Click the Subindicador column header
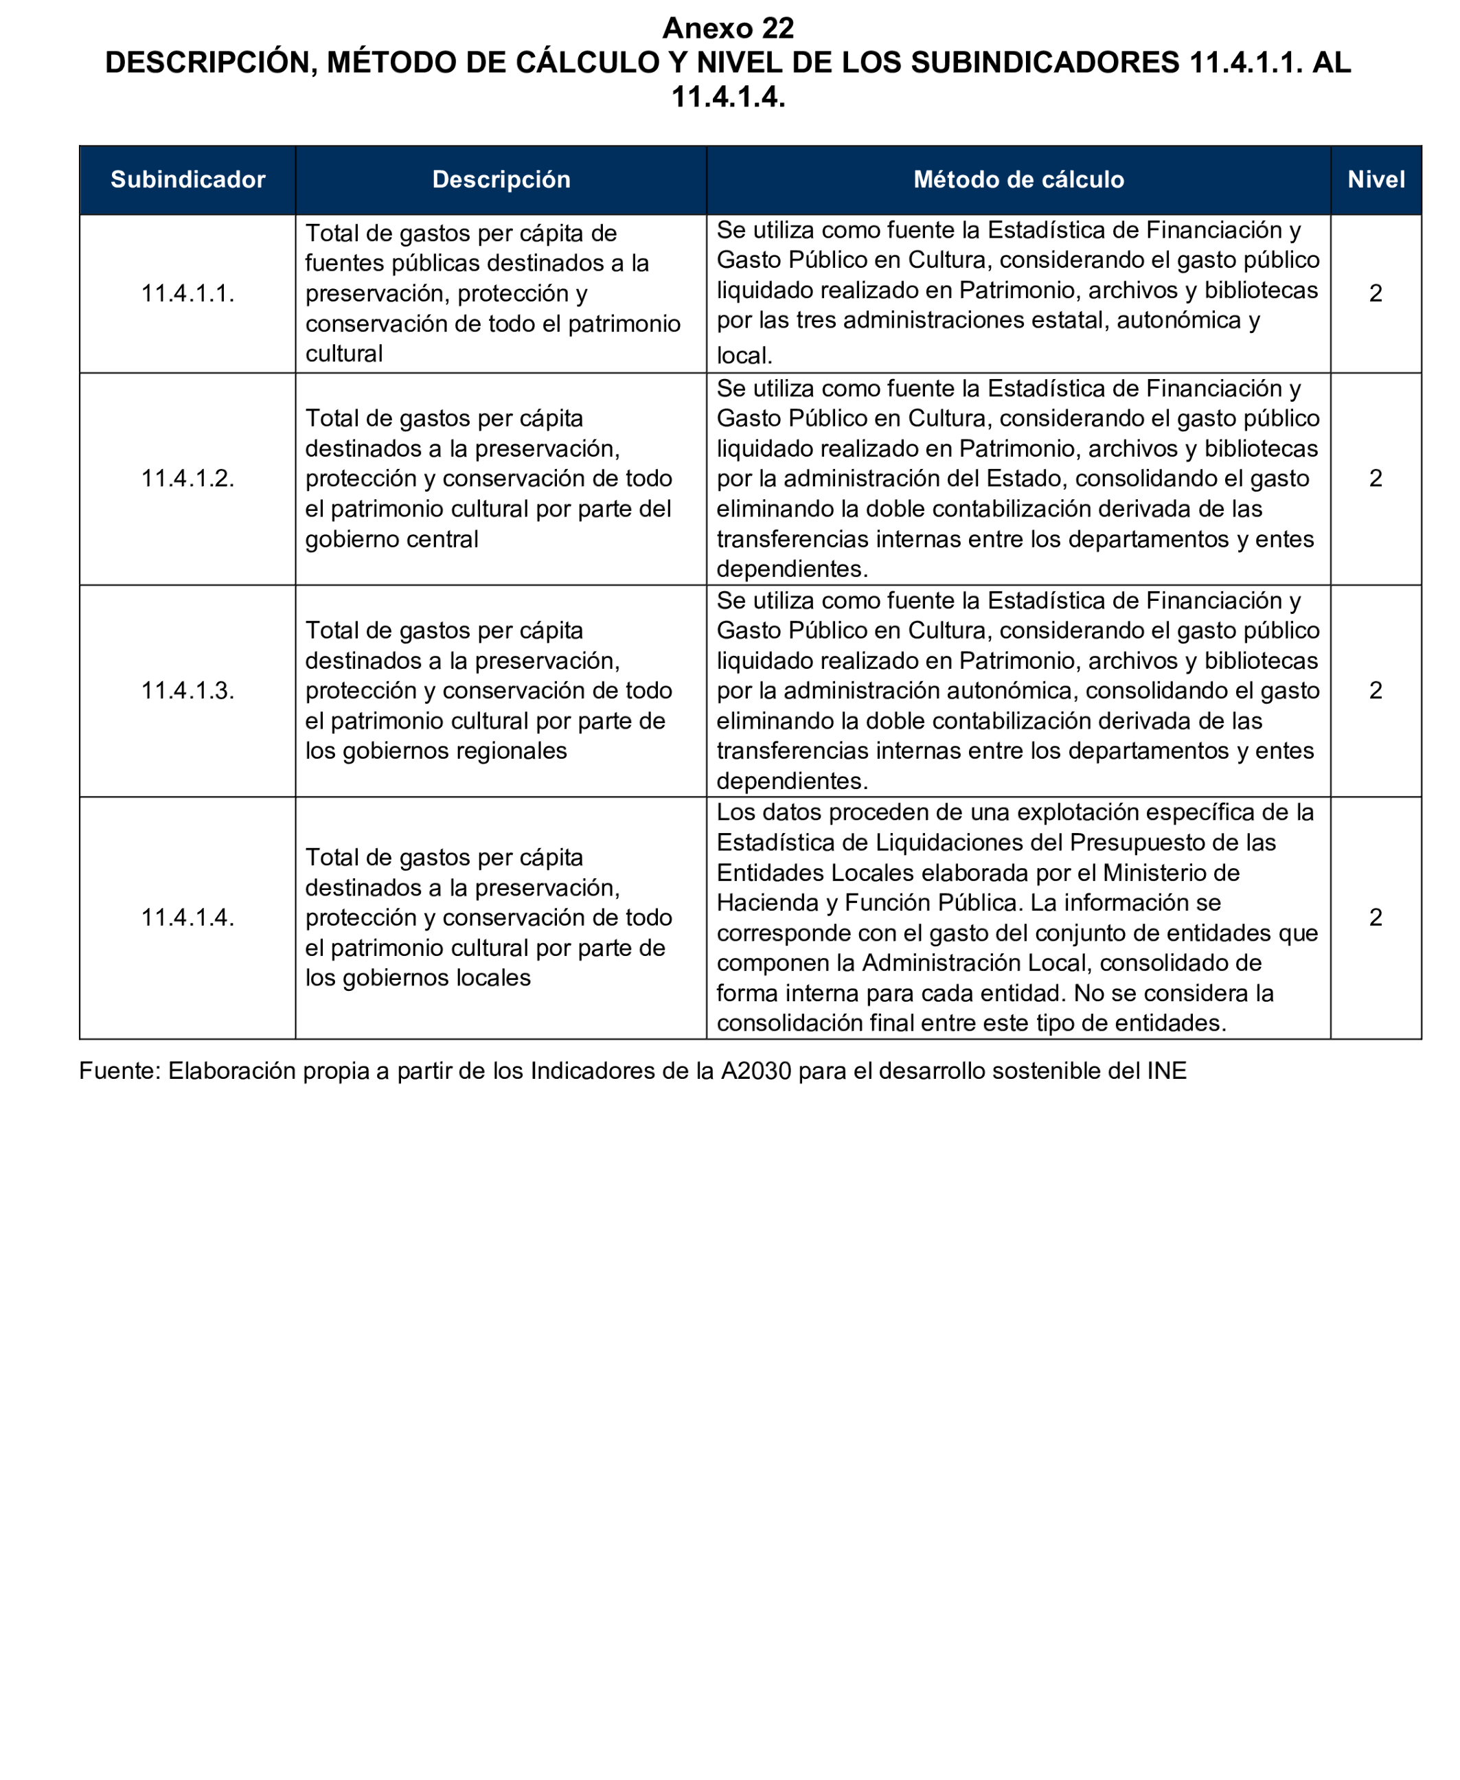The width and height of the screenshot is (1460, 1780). click(x=187, y=179)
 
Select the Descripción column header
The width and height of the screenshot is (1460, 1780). click(x=501, y=179)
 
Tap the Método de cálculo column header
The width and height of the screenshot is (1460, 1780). click(x=1018, y=179)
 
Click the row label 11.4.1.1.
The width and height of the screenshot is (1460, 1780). click(x=187, y=293)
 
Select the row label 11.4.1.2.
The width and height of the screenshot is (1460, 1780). click(x=187, y=479)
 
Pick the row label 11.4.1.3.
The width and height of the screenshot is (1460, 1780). click(x=187, y=690)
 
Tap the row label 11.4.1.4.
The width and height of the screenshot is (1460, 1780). click(x=187, y=917)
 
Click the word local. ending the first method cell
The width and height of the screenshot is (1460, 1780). click(x=744, y=356)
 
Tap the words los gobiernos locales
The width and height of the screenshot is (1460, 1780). click(x=418, y=978)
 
